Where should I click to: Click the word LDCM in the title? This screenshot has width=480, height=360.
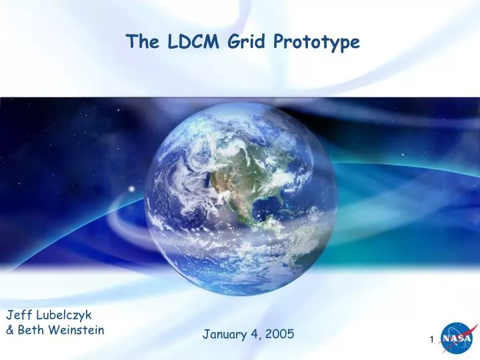pos(187,42)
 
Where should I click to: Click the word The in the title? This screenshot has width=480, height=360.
pos(141,42)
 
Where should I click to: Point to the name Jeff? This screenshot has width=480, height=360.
pos(18,315)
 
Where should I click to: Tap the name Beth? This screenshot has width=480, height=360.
pos(33,329)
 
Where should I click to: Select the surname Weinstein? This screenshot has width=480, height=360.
pos(77,329)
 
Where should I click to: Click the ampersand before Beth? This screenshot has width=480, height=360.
pos(10,329)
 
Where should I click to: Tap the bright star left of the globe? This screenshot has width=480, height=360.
pos(131,189)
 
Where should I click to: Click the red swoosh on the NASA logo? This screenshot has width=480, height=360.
pos(467,333)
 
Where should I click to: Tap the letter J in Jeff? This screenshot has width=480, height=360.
pos(10,315)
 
